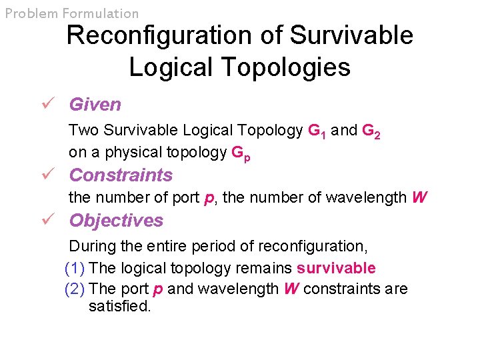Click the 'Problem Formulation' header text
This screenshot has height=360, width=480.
72,13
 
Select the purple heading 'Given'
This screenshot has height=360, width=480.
95,105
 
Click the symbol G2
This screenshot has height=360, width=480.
371,131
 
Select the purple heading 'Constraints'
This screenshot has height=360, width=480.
121,175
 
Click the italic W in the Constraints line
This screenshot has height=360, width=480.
420,198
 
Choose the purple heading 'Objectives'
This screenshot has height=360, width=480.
116,221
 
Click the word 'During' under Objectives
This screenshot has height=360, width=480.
93,246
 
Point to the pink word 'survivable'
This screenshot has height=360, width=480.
336,269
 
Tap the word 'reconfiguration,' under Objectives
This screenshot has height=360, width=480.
312,246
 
